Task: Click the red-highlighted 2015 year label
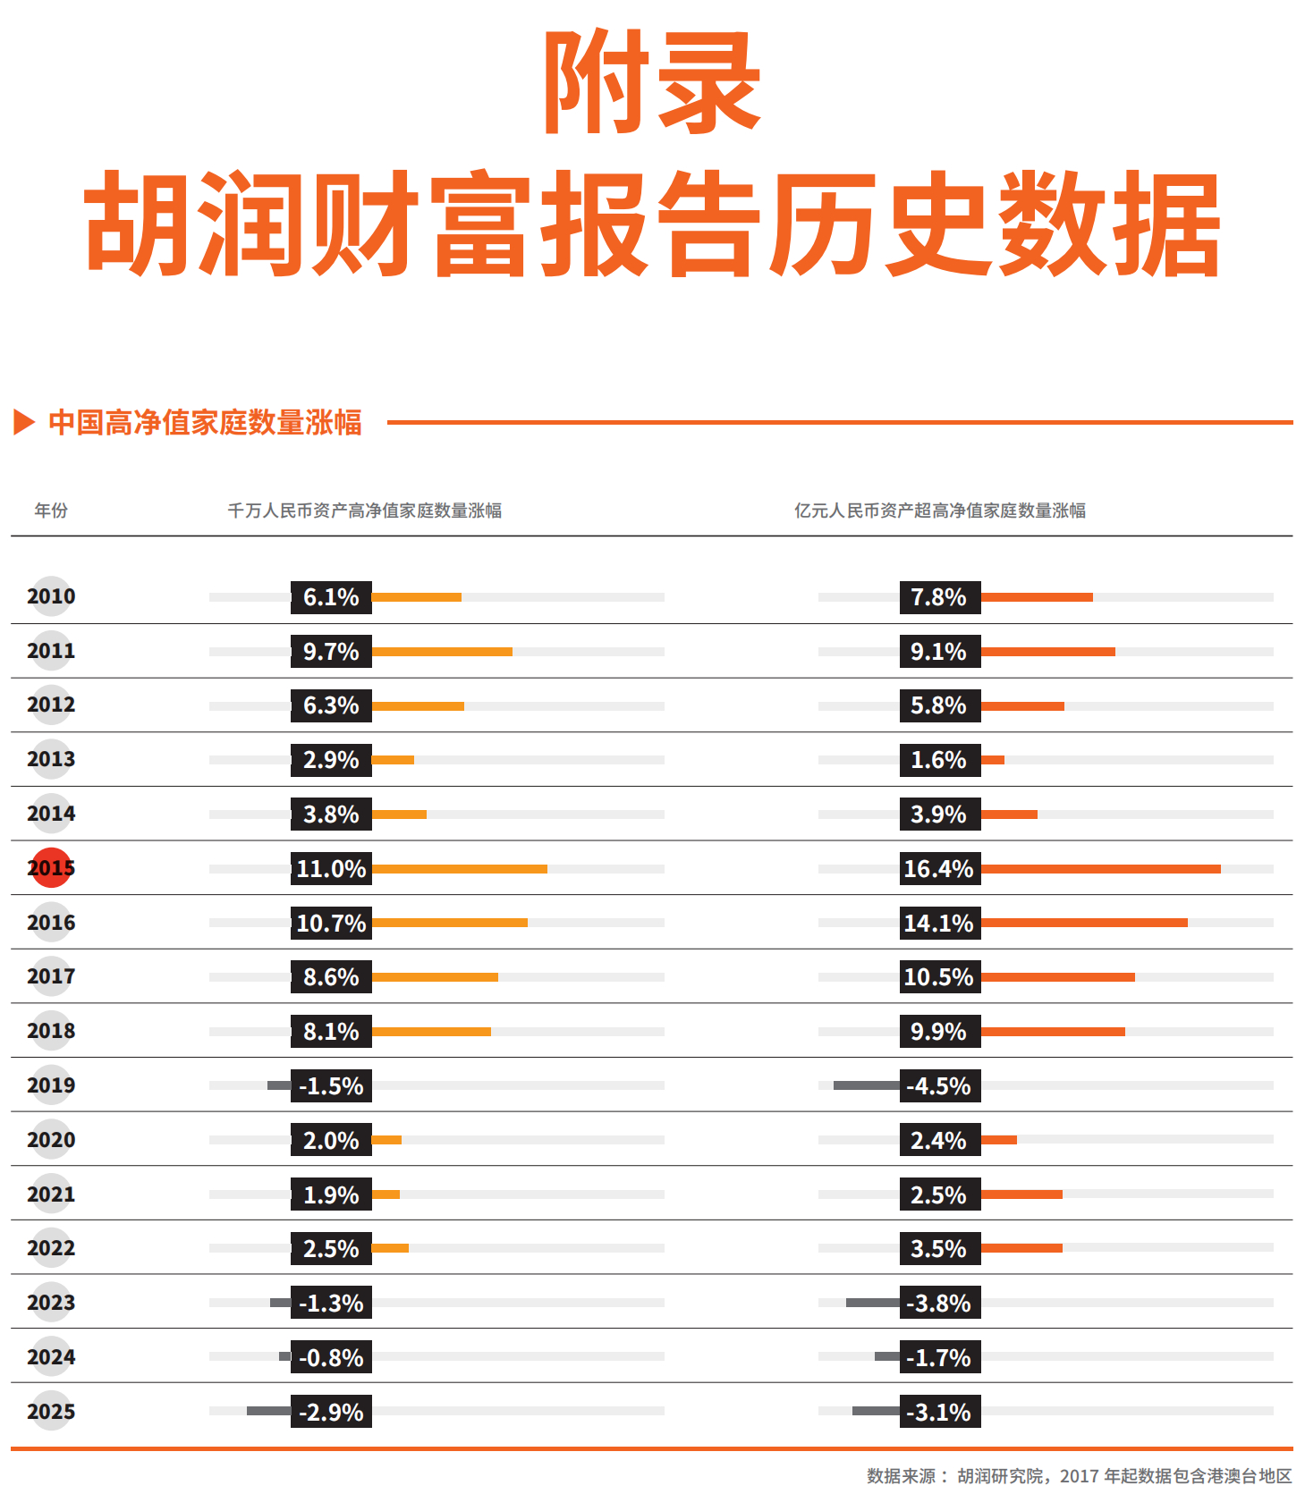click(x=51, y=867)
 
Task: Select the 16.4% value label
click(x=939, y=868)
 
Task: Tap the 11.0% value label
click(x=331, y=868)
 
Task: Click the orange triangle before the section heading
click(x=24, y=422)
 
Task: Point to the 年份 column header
click(x=51, y=511)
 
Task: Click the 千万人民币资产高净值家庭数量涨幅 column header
click(x=365, y=511)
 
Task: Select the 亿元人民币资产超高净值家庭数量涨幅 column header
click(x=940, y=511)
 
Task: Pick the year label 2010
click(x=51, y=596)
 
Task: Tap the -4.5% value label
click(x=939, y=1085)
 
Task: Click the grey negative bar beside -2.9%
click(x=269, y=1411)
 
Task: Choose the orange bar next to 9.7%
click(x=442, y=652)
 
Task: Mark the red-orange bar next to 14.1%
click(x=1084, y=923)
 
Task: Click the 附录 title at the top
click(x=652, y=82)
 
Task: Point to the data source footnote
click(x=1080, y=1475)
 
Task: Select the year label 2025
click(x=51, y=1411)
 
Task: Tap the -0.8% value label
click(x=331, y=1357)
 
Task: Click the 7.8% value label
click(x=939, y=597)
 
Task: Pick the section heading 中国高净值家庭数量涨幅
click(x=206, y=422)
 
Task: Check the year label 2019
click(x=51, y=1085)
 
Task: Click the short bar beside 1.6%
click(x=993, y=760)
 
